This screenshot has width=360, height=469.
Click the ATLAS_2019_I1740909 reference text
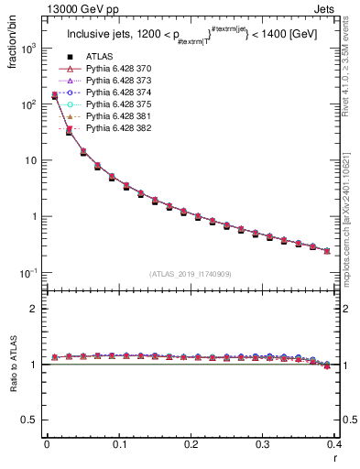click(191, 273)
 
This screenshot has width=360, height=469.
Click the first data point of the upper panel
click(54, 95)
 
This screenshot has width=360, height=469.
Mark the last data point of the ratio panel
click(327, 365)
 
